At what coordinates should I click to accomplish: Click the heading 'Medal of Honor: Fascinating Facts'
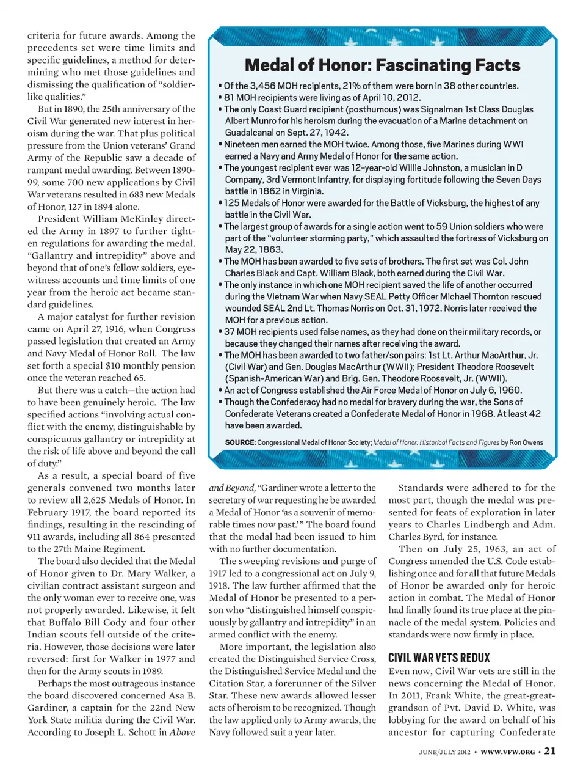[x=382, y=65]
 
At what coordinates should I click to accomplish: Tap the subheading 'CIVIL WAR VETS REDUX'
[x=439, y=658]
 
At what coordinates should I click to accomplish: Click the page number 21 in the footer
[x=550, y=751]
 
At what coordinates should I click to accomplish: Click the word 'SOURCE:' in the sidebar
[x=240, y=442]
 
